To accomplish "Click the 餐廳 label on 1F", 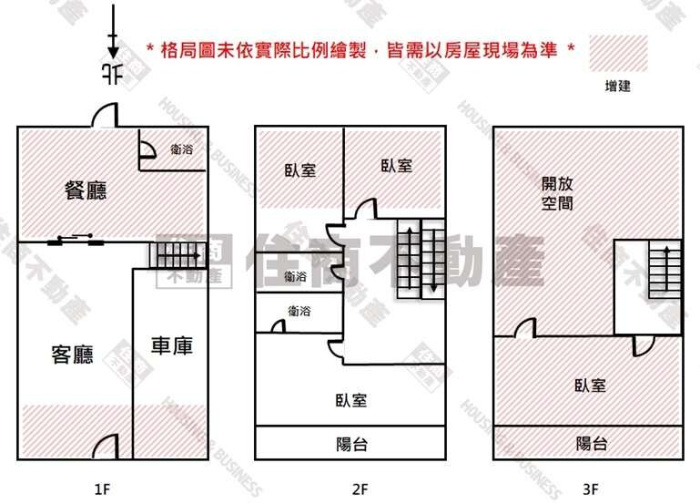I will point(86,190).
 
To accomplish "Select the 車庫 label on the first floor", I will point(171,346).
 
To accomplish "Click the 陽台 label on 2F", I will point(351,444).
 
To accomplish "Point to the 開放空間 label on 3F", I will point(557,192).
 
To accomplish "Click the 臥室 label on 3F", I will point(590,385).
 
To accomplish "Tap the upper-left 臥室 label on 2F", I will point(299,170).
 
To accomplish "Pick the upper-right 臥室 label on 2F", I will point(396,166).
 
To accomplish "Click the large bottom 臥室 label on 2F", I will point(351,399).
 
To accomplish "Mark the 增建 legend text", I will point(618,87).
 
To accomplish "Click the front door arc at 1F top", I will point(105,116).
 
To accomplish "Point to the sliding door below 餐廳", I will point(76,241).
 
